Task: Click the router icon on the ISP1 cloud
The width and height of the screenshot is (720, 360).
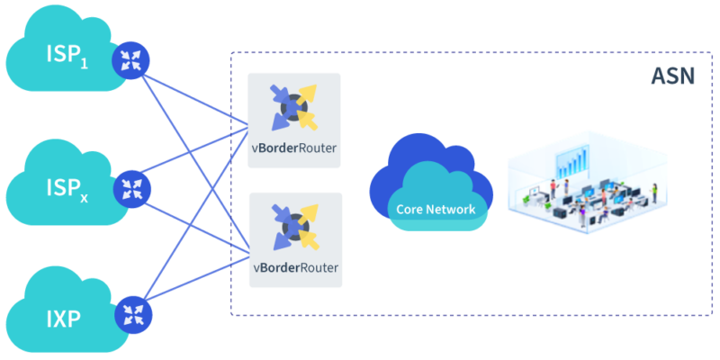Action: coord(130,60)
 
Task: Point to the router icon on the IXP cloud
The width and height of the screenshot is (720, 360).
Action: coord(133,312)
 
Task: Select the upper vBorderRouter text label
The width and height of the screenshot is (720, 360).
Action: coord(295,148)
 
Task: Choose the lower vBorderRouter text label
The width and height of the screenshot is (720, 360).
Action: coord(295,268)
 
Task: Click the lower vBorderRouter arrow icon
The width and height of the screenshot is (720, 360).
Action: coord(295,227)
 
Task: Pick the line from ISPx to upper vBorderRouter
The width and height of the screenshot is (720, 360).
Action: coord(193,163)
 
